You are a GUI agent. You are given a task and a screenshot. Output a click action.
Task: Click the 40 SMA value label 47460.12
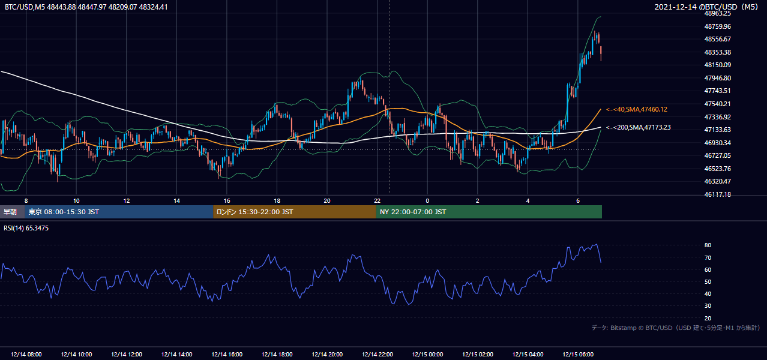click(637, 110)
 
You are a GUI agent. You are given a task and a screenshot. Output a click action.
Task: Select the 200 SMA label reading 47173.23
click(638, 127)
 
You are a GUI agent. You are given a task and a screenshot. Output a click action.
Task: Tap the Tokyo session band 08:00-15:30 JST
click(119, 212)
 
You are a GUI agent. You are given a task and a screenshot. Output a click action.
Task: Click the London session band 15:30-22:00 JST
click(295, 212)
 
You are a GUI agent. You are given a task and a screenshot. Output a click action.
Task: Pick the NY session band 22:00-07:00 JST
click(489, 212)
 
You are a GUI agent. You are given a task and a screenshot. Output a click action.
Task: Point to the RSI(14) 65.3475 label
click(26, 228)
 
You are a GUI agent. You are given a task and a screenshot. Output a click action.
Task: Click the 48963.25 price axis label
click(718, 14)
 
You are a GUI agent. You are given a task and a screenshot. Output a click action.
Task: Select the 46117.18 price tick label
click(718, 194)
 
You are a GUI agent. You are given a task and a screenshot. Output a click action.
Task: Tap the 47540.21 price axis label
click(718, 104)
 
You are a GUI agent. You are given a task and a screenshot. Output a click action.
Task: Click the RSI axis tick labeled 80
click(708, 245)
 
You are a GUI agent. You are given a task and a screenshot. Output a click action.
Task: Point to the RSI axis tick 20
click(708, 318)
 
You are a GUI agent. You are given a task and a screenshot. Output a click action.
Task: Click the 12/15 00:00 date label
click(427, 355)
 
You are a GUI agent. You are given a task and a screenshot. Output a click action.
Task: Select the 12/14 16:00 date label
click(227, 355)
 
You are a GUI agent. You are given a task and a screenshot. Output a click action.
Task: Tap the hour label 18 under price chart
click(277, 201)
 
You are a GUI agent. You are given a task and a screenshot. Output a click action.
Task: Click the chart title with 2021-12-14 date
click(706, 7)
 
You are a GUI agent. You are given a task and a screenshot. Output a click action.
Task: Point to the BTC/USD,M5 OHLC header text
click(86, 7)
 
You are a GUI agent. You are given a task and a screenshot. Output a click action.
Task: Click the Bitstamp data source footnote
click(676, 328)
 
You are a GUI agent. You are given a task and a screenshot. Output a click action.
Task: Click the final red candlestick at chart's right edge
click(601, 53)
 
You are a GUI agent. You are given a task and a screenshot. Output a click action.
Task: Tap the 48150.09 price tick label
click(718, 65)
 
